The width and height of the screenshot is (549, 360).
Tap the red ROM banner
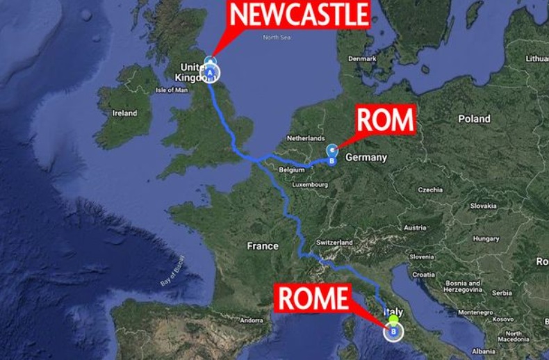[385, 120]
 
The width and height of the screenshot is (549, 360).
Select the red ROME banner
[312, 299]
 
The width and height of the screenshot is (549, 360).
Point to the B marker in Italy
[394, 331]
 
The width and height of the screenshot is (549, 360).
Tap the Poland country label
[474, 119]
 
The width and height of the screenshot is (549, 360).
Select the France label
[263, 246]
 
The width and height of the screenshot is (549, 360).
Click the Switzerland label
[334, 242]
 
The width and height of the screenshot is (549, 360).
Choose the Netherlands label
[306, 138]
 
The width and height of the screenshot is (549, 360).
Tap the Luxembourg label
[310, 185]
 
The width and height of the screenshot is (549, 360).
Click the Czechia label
[431, 190]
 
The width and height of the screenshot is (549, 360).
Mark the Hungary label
[486, 238]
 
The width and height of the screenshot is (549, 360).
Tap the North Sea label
[275, 37]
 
